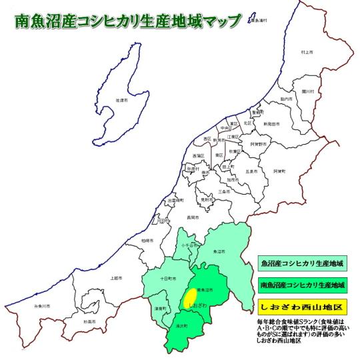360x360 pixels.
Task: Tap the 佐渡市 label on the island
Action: click(x=121, y=100)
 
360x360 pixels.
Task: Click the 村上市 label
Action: click(x=307, y=51)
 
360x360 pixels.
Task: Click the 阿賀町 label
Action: click(x=279, y=171)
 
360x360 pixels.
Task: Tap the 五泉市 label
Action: click(x=251, y=171)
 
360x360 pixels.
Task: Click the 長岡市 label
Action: click(x=193, y=217)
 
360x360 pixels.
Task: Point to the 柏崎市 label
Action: click(x=147, y=239)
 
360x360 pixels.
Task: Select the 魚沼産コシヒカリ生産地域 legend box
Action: click(x=302, y=261)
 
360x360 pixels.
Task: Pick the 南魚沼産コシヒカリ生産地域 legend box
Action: click(x=302, y=285)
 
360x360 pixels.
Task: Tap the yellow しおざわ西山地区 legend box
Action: click(x=302, y=309)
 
